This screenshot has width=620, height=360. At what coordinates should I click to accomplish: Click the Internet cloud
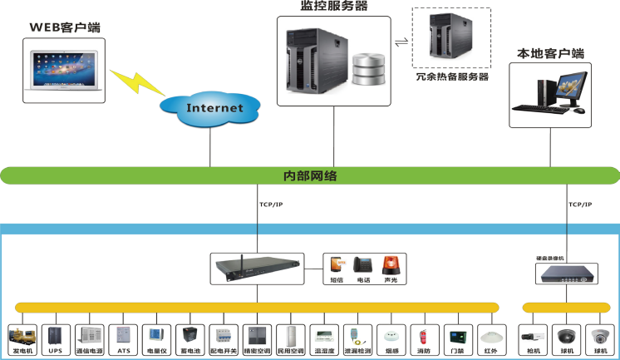[214, 107]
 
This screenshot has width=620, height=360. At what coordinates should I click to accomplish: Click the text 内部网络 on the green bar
[310, 176]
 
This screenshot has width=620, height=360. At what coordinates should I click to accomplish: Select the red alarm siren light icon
[391, 265]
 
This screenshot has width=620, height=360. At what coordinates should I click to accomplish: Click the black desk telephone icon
[363, 265]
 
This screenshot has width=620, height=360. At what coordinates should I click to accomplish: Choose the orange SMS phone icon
[336, 265]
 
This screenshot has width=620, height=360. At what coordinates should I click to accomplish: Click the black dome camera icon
[566, 336]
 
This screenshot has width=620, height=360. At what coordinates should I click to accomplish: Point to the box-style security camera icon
[531, 336]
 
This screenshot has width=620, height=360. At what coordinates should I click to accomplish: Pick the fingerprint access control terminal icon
[455, 336]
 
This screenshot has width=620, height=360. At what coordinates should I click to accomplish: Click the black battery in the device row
[190, 336]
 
